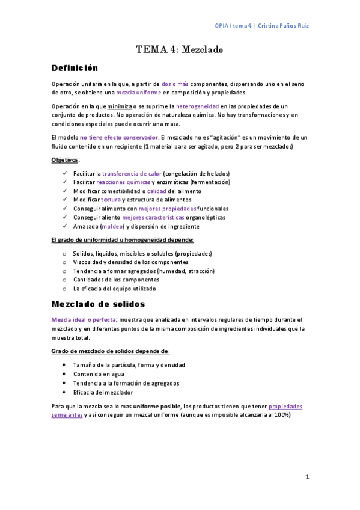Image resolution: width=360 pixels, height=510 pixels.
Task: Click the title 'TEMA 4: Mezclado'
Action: pyautogui.click(x=180, y=49)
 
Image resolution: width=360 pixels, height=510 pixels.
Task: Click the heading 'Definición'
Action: pyautogui.click(x=75, y=68)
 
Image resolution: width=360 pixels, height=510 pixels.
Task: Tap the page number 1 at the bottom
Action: pyautogui.click(x=307, y=477)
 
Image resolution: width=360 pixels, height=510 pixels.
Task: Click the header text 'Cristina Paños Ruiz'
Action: pyautogui.click(x=284, y=26)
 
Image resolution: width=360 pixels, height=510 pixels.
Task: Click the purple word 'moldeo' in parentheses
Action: pyautogui.click(x=112, y=226)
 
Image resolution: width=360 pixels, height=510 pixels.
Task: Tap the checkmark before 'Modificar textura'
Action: pyautogui.click(x=65, y=200)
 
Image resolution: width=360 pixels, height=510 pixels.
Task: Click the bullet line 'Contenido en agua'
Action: pyautogui.click(x=99, y=373)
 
